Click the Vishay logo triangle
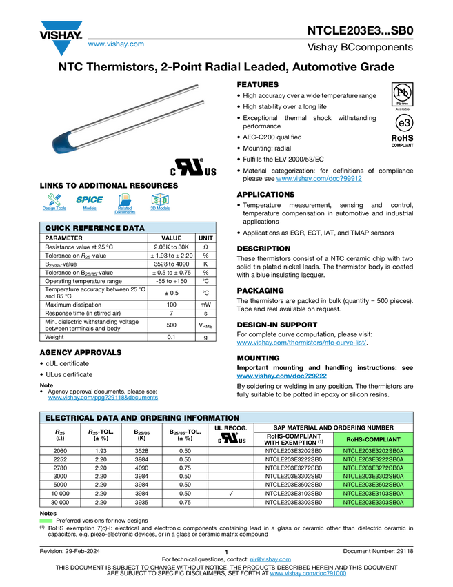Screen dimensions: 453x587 (61, 38)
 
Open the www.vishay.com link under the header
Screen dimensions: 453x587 (116, 44)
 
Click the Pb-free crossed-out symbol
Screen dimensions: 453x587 (402, 95)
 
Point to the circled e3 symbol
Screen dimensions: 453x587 (404, 123)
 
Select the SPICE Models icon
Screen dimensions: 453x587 (90, 202)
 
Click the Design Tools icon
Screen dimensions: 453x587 (54, 202)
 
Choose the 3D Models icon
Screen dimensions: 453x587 (160, 202)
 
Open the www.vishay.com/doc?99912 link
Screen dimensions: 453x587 (319, 179)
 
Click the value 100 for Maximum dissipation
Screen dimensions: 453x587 (171, 305)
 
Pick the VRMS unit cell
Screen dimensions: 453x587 (205, 325)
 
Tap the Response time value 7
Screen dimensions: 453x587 (171, 313)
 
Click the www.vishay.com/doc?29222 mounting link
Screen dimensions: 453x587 (282, 376)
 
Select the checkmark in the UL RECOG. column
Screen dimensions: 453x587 (230, 493)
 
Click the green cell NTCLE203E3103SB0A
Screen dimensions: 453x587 (373, 493)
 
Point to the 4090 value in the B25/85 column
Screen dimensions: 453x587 (141, 468)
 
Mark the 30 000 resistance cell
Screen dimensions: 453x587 (60, 502)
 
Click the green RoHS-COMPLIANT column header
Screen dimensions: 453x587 (373, 439)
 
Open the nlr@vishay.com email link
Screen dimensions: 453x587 (270, 559)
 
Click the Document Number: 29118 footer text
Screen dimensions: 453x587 (378, 551)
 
